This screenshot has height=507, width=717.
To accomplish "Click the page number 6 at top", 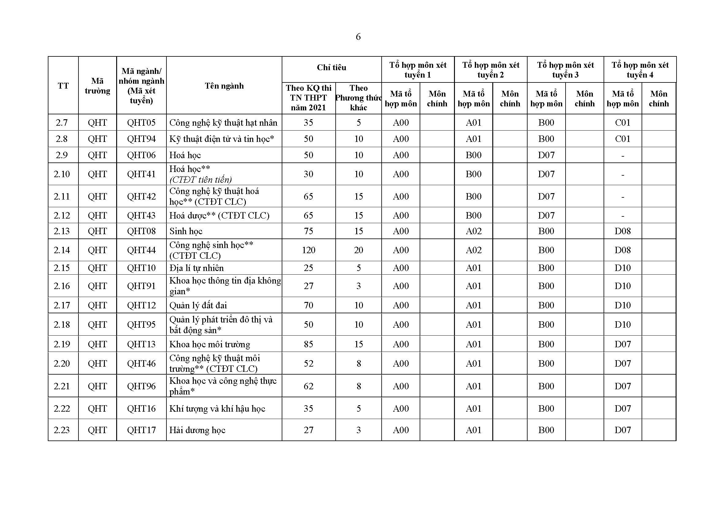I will [358, 37].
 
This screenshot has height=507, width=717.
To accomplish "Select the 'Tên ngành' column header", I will [224, 86].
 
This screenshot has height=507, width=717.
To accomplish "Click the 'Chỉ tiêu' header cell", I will [331, 67].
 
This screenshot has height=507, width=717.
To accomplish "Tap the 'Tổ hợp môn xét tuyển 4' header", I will [640, 70].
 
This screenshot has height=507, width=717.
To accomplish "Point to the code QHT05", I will [141, 123].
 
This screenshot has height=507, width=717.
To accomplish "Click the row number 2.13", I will [62, 231].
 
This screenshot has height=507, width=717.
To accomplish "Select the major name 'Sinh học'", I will [186, 231].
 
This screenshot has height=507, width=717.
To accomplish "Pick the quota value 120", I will [309, 250].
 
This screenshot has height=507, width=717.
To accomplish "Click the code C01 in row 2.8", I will [623, 139].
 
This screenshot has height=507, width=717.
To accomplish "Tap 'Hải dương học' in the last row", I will [197, 430].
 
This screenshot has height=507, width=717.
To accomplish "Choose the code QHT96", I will [141, 386].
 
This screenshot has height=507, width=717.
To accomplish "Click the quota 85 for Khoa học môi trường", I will [309, 344].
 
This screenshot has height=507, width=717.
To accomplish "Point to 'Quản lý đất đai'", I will [198, 305].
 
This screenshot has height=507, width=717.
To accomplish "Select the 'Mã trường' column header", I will [97, 86].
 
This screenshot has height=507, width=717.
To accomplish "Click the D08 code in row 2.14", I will [623, 250].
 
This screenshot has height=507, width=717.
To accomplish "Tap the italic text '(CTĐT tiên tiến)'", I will [200, 180].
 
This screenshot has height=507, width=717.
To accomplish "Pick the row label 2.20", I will [62, 364].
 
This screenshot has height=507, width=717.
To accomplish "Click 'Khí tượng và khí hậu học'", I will [217, 409].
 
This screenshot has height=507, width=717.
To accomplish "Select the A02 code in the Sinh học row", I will [473, 231].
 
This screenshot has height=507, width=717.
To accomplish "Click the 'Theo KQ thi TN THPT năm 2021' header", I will [309, 98].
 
